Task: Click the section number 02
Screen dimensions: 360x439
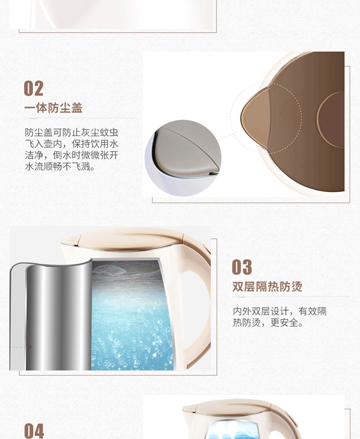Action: tap(34, 88)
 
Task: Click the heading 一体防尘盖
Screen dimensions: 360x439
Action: tap(53, 108)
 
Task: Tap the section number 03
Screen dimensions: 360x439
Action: tap(242, 267)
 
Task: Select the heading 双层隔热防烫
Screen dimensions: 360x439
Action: tap(267, 286)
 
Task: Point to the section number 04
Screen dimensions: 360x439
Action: tap(34, 430)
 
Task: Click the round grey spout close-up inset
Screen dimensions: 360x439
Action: tap(183, 158)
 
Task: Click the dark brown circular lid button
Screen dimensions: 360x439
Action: tap(331, 120)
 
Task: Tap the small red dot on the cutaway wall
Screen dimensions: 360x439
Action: tap(29, 347)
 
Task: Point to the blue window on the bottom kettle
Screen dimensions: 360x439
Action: tap(236, 429)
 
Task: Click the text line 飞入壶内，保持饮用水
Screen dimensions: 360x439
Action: tap(72, 143)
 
